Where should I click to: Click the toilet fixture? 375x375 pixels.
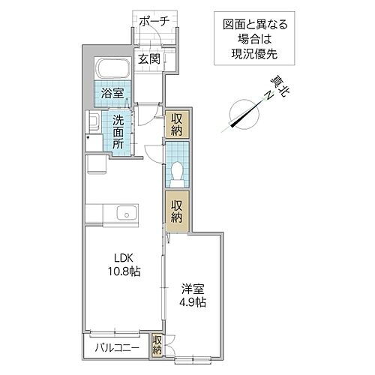point(177,172)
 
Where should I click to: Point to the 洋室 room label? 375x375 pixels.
point(193,288)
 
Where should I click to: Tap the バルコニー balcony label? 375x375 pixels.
point(115,348)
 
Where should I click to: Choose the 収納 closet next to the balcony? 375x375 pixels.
point(157,344)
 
